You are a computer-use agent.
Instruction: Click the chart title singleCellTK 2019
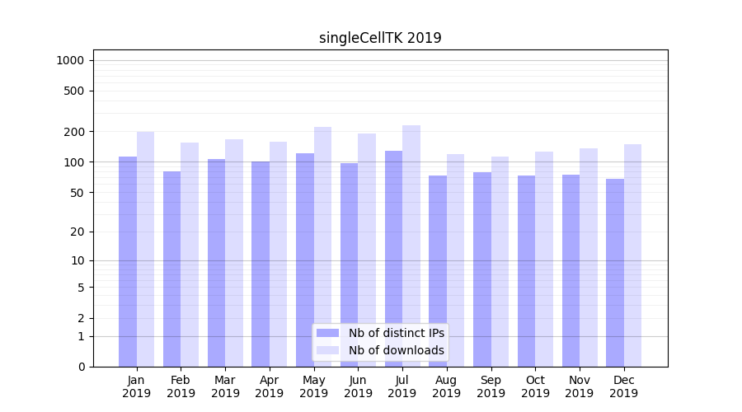[380, 38]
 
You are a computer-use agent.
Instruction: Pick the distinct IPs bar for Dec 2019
[615, 273]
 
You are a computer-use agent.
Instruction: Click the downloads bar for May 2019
[322, 246]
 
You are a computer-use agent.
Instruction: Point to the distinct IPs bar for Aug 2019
[438, 271]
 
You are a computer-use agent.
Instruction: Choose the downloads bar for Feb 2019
[190, 255]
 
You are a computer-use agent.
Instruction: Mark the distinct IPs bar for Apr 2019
[261, 264]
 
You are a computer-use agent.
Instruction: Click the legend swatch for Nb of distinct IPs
[327, 333]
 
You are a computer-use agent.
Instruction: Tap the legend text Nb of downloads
[397, 350]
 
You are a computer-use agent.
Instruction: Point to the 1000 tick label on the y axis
[69, 60]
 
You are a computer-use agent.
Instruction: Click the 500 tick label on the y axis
[73, 91]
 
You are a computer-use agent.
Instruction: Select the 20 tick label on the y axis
[77, 232]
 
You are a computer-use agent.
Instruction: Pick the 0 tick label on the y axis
[81, 367]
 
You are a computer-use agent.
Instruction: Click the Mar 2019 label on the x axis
[225, 386]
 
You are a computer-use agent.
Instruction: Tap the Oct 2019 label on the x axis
[535, 386]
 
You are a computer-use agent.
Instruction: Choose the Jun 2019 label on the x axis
[358, 386]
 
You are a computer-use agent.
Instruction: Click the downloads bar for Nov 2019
[589, 257]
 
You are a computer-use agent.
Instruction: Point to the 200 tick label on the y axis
[73, 132]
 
